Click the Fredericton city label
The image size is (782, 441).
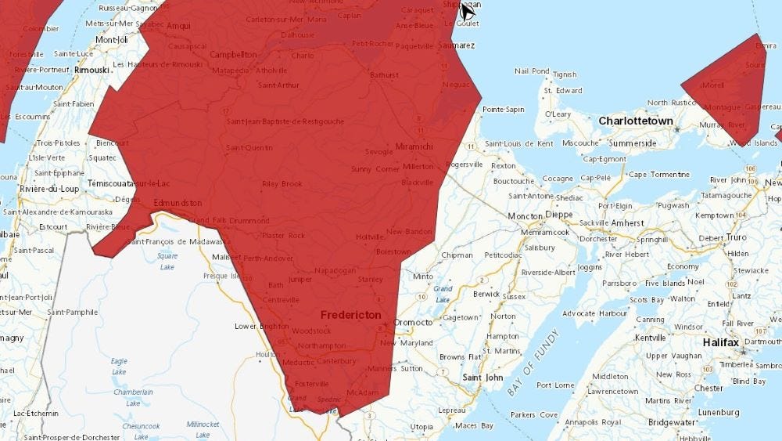click(x=351, y=315)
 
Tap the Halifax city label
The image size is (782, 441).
click(x=720, y=342)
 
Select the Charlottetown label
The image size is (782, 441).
click(x=636, y=121)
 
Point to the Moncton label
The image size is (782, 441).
click(x=525, y=215)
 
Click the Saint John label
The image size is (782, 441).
click(x=482, y=378)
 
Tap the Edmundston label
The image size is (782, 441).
click(x=178, y=203)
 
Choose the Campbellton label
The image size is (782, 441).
click(x=233, y=55)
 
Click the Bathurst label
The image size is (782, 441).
click(x=384, y=75)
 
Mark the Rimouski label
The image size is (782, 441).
click(x=91, y=70)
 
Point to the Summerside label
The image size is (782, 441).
click(x=633, y=143)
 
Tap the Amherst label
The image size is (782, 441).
click(x=627, y=223)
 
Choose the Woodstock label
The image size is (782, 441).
click(x=311, y=331)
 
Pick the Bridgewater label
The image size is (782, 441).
click(x=671, y=422)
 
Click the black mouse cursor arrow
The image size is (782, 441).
click(x=468, y=11)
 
